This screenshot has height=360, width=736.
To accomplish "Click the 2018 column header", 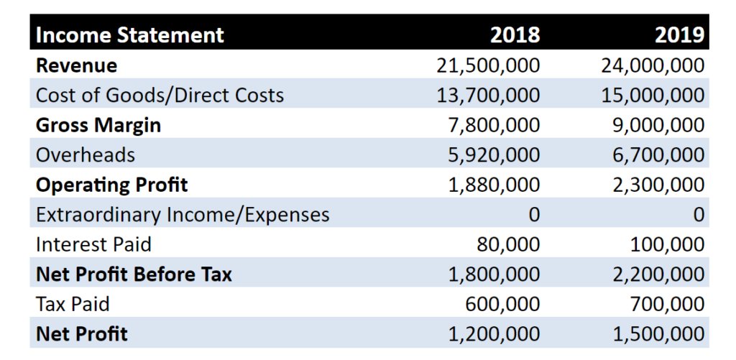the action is pos(515,35).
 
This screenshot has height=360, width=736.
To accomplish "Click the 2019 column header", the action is pos(680,35).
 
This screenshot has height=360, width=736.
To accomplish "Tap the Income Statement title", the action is pos(130,35).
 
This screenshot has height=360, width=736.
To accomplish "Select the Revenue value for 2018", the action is pos(488,65).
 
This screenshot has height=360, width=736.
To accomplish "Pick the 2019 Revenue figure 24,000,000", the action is pos(653,65).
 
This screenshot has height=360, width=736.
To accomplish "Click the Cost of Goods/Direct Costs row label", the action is pos(160,96).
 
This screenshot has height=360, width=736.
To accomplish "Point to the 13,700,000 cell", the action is pos(488,96).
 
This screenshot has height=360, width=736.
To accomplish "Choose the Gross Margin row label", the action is pos(98,125).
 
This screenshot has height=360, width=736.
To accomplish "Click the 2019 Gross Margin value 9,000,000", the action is pos(658,125).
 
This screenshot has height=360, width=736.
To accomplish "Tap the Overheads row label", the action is pos(86,155).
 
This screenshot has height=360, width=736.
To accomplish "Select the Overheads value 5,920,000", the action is pos(494,155).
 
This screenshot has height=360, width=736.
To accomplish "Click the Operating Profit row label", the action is pos(111,185).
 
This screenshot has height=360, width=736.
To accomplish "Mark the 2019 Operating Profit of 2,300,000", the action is pos(658,185).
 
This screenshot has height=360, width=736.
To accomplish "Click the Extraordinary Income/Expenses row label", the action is pos(183,215).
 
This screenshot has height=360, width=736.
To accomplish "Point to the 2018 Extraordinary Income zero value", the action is pos(534,215).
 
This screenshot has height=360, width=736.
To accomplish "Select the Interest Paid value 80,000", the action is pos(508,245).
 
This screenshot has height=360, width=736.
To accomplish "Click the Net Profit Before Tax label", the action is pos(134,274).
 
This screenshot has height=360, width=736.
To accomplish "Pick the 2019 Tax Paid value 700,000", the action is pos(667,305).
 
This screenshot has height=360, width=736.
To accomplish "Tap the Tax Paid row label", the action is pos(73,305).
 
